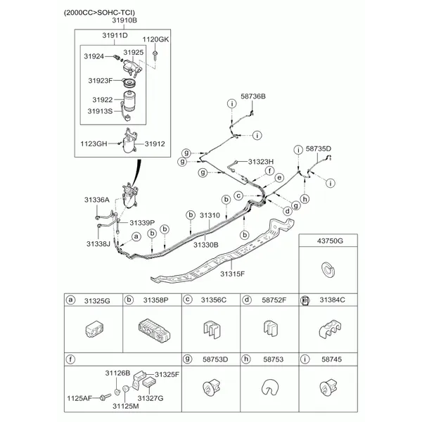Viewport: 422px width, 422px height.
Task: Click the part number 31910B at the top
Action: point(124,20)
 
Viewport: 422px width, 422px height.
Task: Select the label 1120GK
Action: point(155,39)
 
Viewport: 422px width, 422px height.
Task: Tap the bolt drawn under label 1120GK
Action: point(155,56)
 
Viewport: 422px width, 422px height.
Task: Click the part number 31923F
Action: point(101,80)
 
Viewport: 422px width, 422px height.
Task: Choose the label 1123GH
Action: point(94,143)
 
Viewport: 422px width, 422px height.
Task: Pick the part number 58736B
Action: point(253,96)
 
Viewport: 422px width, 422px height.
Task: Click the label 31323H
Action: point(260,162)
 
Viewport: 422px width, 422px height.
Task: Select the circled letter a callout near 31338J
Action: point(136,236)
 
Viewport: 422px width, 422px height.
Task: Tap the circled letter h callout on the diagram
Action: point(305,199)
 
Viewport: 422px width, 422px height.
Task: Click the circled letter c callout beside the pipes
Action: point(238,196)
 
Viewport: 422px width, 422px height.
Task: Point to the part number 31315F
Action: point(233,274)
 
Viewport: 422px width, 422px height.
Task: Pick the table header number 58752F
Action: point(274,300)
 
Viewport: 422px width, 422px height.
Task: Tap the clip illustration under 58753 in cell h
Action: point(269,387)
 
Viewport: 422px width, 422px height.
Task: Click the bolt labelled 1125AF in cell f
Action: point(105,397)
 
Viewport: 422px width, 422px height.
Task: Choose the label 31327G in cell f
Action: point(151,398)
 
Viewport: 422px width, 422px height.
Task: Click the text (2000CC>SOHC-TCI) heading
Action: point(99,13)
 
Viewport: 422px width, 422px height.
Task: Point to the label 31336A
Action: point(97,200)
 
